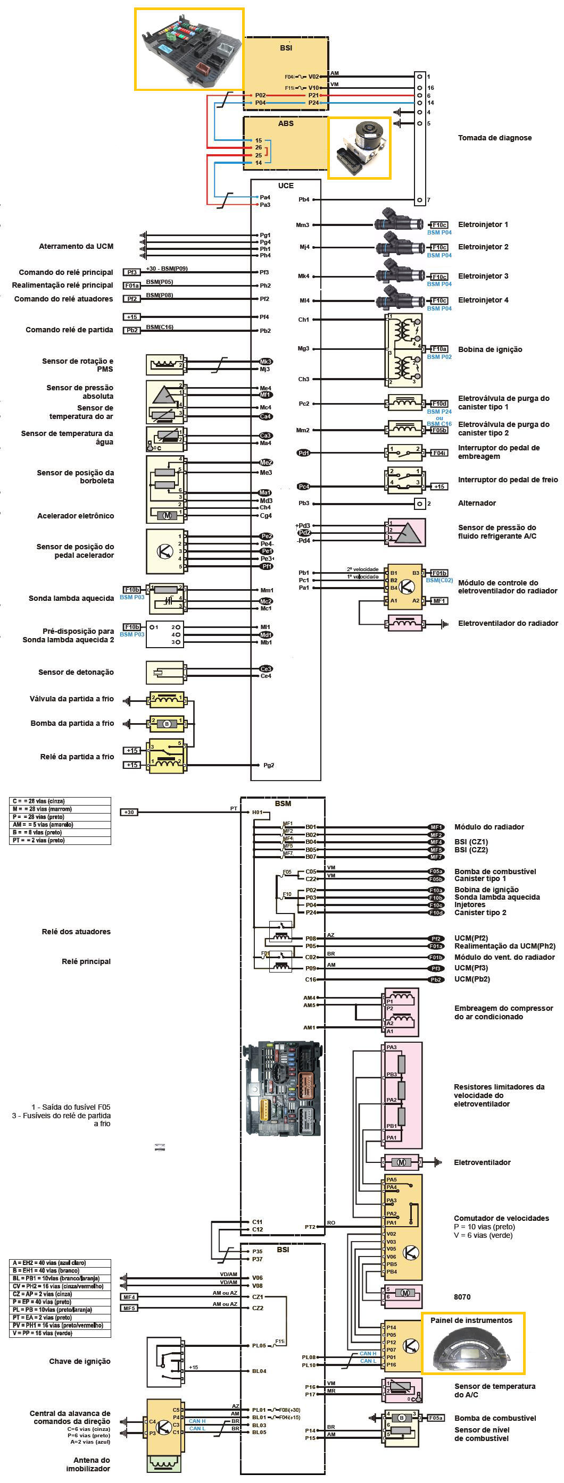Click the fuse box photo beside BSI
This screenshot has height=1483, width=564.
point(189,49)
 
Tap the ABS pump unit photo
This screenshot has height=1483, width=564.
point(360,147)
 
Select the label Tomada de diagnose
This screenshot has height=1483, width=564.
point(494,138)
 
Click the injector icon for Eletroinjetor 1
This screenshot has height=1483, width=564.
point(399,223)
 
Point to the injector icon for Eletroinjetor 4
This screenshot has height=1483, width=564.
point(399,299)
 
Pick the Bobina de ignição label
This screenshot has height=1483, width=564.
point(490,349)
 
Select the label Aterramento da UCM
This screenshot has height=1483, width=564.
point(76,246)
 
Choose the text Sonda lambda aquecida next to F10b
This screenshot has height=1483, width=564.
point(71,599)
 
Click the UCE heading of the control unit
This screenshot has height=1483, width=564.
point(286,186)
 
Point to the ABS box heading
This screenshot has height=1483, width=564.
point(286,124)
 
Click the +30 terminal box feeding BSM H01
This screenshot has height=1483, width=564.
point(129,812)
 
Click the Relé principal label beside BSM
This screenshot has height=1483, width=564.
point(86,961)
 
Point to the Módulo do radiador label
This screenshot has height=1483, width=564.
point(488,827)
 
